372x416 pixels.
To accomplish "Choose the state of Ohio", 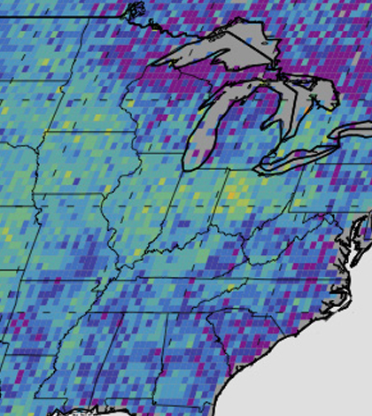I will [x=235, y=204].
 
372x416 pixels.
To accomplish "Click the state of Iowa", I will [x=62, y=168].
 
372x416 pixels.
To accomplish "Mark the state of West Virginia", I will [x=270, y=230].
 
